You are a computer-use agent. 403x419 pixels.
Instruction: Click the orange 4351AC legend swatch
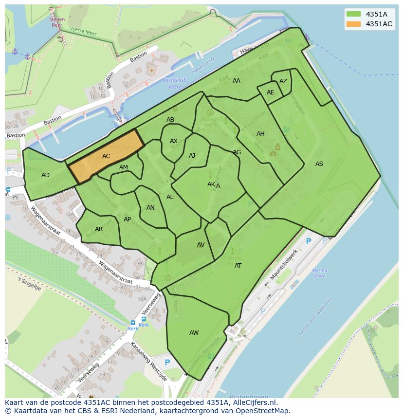tap(354, 24)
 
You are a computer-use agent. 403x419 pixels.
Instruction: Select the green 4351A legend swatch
tap(354, 14)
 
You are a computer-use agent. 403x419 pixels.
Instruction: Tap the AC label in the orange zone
tap(106, 156)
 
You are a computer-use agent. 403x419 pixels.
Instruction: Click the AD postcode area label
tap(45, 175)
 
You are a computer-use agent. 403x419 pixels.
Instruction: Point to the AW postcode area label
tap(194, 333)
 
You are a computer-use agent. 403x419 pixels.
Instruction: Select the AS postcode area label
tap(319, 164)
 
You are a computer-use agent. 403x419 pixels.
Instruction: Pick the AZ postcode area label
tap(283, 81)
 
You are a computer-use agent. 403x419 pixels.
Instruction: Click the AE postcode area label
tap(270, 92)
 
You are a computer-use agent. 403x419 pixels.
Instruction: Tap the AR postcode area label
tap(99, 229)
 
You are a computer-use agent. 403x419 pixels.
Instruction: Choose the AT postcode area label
tap(238, 266)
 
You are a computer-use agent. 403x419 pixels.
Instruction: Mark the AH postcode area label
tap(260, 134)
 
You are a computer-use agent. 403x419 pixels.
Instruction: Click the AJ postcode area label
tap(192, 156)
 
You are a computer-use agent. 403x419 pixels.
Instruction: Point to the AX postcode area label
tap(174, 141)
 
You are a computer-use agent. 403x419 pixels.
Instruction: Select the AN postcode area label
tap(150, 208)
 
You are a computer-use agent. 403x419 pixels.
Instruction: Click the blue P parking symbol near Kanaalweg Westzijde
tap(167, 363)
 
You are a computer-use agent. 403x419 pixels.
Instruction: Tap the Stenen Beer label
tap(57, 21)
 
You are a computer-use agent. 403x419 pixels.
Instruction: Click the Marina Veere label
tap(319, 273)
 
